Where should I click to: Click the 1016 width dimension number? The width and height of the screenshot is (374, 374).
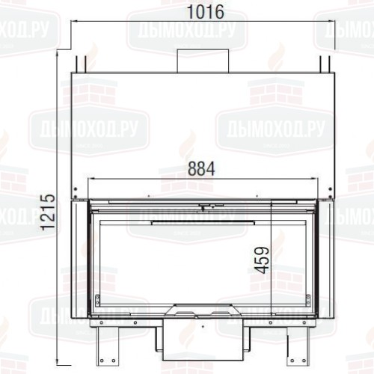[x=202, y=13]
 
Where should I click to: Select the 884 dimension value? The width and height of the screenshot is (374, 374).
[x=201, y=169]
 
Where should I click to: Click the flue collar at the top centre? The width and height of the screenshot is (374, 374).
[x=202, y=61]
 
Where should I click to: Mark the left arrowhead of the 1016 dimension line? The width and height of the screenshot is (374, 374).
[x=72, y=23]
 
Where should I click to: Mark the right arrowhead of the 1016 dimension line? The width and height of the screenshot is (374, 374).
[x=333, y=23]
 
